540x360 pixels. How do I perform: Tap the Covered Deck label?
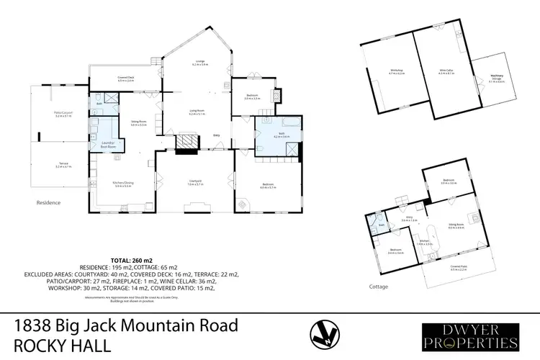(126, 79)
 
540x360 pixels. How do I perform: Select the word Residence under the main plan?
(49, 203)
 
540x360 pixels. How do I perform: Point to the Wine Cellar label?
(446, 71)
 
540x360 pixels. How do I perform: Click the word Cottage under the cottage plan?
(379, 286)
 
